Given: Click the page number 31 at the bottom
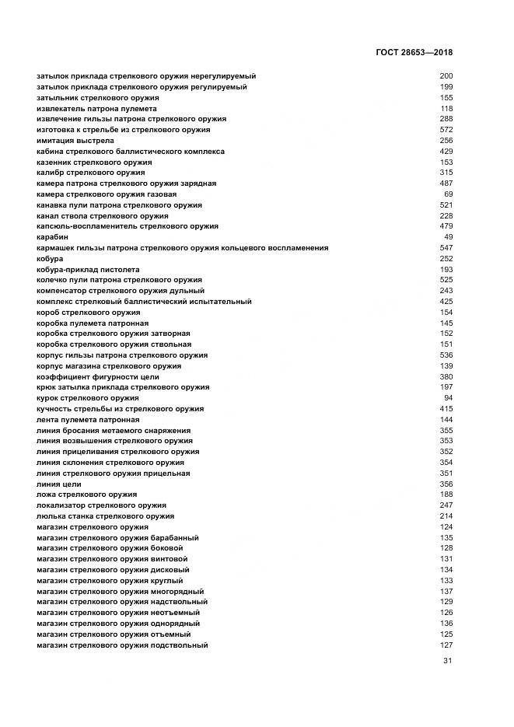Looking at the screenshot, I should tap(447, 661).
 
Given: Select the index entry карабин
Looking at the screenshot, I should tap(53, 237).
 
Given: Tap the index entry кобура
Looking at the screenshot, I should tap(50, 258).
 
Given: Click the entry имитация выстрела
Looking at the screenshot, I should tap(75, 140).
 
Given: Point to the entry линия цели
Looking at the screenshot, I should tap(59, 484).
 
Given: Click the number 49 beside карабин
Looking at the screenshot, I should tap(448, 237).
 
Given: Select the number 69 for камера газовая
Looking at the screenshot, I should tap(448, 194).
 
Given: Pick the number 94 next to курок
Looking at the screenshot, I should tap(448, 398).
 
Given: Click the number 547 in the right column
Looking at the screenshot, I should tap(446, 248).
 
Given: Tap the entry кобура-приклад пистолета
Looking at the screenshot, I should tap(86, 269).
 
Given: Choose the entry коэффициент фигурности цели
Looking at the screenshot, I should tap(98, 376).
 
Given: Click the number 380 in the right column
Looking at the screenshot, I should tap(446, 376).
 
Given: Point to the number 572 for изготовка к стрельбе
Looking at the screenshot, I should tap(446, 130).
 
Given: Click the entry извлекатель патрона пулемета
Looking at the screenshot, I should tap(96, 109).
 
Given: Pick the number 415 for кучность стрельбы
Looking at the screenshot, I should tap(446, 408).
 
